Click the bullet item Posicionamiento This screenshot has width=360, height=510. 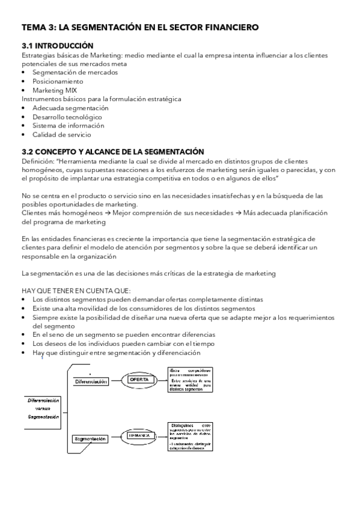58,81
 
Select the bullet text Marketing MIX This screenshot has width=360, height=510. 55,90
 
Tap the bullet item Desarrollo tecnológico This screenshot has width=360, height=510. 67,117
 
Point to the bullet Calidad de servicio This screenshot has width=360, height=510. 61,135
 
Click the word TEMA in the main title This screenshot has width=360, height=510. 34,27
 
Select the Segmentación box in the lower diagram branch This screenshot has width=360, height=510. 91,439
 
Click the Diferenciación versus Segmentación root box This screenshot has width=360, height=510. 43,408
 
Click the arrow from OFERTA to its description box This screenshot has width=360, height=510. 160,379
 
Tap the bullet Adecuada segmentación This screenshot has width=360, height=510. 70,108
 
